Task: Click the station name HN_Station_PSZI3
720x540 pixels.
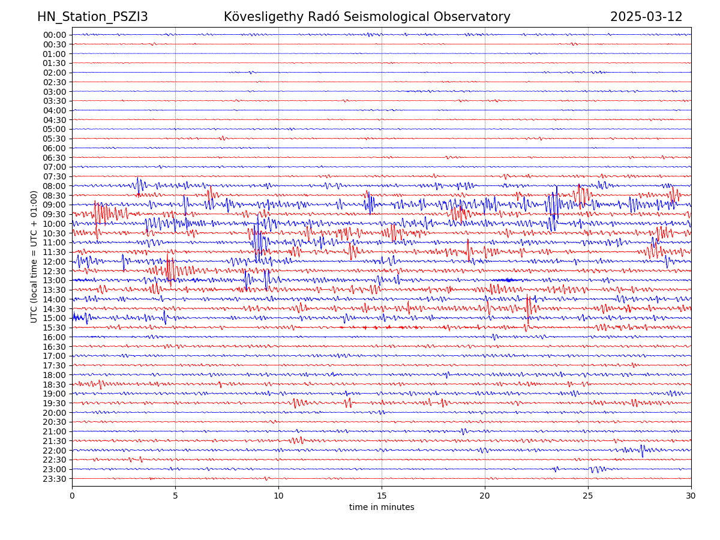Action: [x=92, y=17]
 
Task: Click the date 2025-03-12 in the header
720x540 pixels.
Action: [x=646, y=17]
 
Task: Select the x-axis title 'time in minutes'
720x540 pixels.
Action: [x=382, y=507]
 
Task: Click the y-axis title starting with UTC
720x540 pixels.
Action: [x=34, y=256]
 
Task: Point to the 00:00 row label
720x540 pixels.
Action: [x=55, y=35]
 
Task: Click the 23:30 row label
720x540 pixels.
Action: [x=55, y=479]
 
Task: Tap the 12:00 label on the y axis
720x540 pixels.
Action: [x=55, y=262]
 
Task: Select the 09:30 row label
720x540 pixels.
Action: [x=55, y=214]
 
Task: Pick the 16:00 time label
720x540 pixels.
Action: [x=55, y=337]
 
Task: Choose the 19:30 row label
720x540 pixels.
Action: [x=55, y=403]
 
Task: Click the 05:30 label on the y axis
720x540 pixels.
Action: [x=55, y=139]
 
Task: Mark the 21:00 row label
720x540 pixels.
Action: [x=55, y=431]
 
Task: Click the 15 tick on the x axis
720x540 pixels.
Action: [x=382, y=496]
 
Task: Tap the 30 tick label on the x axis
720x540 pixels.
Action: [x=691, y=496]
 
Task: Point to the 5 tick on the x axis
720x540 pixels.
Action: [x=175, y=496]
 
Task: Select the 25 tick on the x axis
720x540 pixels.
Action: [x=588, y=496]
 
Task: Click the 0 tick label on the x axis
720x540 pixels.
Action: [x=72, y=496]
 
